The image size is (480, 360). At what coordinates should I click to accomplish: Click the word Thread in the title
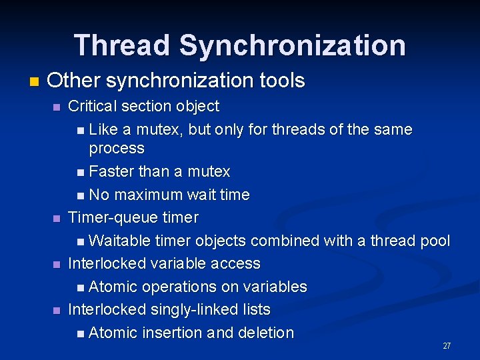[x=123, y=45]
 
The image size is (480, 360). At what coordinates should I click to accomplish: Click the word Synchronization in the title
[x=292, y=45]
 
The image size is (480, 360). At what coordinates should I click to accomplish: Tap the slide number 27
[x=447, y=346]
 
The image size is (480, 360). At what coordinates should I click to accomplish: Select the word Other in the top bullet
[x=73, y=81]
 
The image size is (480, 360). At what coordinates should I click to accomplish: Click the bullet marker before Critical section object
[x=57, y=107]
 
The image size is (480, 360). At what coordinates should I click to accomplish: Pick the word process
[x=117, y=148]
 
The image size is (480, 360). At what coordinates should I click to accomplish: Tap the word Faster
[x=111, y=171]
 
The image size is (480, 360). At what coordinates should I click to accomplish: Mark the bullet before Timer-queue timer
[x=57, y=219]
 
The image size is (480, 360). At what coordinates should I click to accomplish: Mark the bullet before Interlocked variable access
[x=57, y=265]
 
